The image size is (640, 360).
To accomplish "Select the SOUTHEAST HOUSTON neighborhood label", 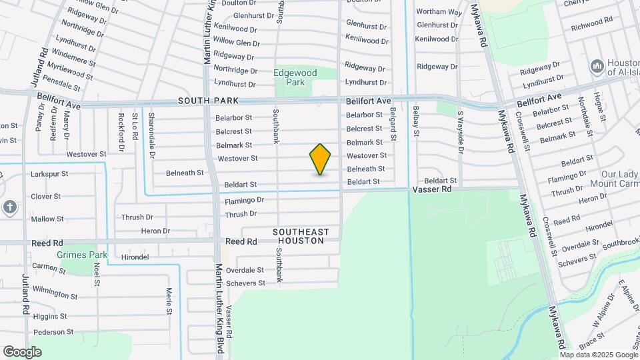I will pos(301,236).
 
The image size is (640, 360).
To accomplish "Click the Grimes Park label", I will pos(82,255).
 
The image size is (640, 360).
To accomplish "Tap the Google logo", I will pos(22,352).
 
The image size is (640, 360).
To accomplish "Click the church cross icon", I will pos(10,207).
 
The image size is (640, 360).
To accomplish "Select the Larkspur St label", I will pos(50,174).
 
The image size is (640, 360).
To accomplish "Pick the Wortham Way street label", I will pos(439,12).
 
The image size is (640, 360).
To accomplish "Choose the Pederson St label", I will pos(53,331).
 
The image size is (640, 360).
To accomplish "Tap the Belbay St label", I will pos(415,121).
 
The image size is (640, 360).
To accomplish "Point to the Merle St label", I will pos(169,301).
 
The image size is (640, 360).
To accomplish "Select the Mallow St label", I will pos(47,219).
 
